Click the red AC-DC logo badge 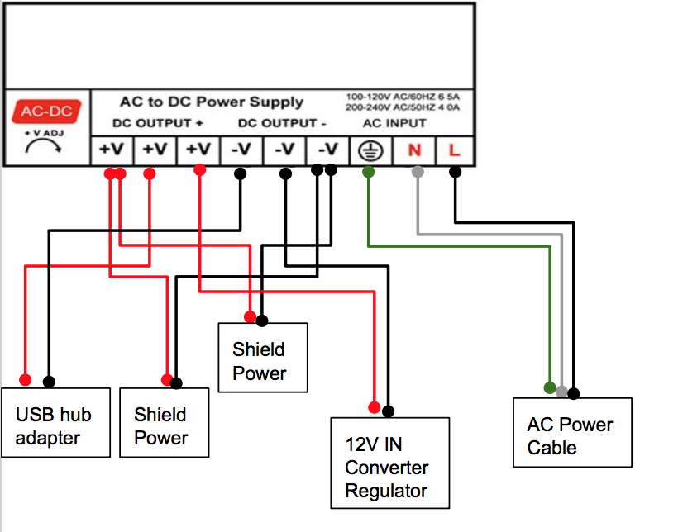click(46, 111)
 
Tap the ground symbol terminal click(370, 151)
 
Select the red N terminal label click(414, 150)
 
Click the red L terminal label click(454, 150)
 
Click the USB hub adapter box click(55, 422)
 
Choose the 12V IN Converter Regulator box click(390, 463)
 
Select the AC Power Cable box click(572, 432)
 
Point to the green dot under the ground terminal click(369, 172)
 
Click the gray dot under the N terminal click(418, 172)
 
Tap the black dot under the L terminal click(455, 172)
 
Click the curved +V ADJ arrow click(43, 146)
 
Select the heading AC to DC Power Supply click(212, 102)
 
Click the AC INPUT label click(394, 123)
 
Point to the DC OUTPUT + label click(157, 123)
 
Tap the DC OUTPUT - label click(282, 123)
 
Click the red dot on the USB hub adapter click(26, 380)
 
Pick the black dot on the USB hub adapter click(49, 382)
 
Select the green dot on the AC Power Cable click(550, 387)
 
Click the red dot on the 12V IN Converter click(375, 407)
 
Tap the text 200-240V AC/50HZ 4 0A click(403, 107)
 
